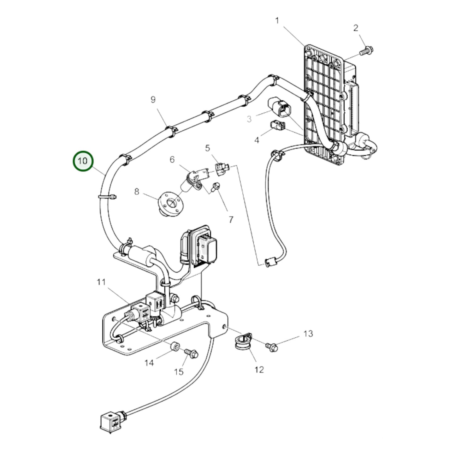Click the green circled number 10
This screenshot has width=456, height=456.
(83, 161)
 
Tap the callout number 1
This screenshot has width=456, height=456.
(277, 21)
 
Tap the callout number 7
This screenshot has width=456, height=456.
(231, 220)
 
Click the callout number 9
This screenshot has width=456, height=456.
(153, 100)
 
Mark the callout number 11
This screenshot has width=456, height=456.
(101, 282)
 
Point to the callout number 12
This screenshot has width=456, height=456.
(259, 370)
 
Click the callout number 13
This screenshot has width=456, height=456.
(308, 334)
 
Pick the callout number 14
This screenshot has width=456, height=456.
(149, 363)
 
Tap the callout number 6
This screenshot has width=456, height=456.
(172, 160)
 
